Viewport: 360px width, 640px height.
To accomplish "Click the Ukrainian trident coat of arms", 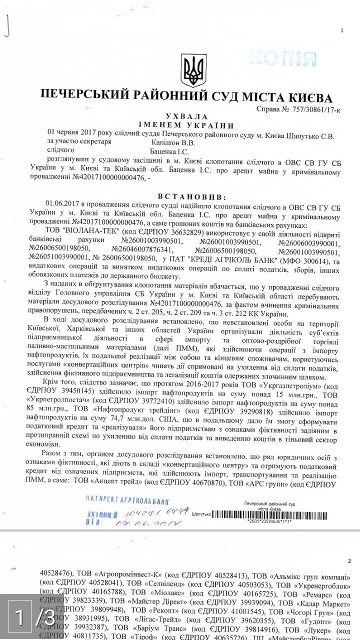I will coord(193,71).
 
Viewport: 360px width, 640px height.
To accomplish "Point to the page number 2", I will coord(349,561).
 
